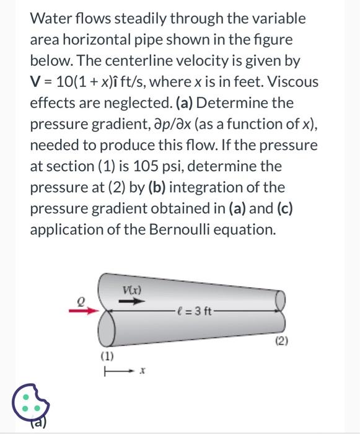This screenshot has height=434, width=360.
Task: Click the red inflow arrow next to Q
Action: pyautogui.click(x=84, y=311)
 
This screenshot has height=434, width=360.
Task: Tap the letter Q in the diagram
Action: pyautogui.click(x=81, y=301)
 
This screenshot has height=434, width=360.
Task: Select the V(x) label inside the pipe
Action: pyautogui.click(x=132, y=290)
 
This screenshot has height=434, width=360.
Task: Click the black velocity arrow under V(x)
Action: pyautogui.click(x=132, y=301)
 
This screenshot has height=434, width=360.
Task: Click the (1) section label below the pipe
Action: pyautogui.click(x=107, y=356)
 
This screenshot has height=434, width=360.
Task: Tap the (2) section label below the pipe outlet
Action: pyautogui.click(x=282, y=341)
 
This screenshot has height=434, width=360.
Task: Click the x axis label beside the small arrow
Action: pyautogui.click(x=143, y=370)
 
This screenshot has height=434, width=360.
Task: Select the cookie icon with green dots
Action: pyautogui.click(x=30, y=402)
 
